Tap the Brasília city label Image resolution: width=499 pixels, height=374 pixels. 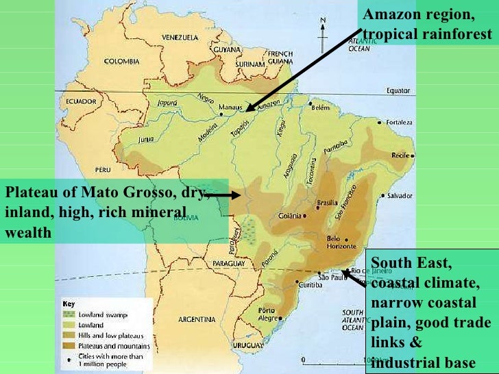[x=328, y=203]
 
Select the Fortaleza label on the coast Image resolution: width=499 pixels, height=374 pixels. [x=400, y=122]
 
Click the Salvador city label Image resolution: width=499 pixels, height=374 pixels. [x=400, y=195]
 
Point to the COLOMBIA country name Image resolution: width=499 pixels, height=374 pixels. [x=121, y=61]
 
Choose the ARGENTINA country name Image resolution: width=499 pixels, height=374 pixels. [x=197, y=319]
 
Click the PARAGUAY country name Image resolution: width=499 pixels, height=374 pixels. [x=228, y=263]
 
